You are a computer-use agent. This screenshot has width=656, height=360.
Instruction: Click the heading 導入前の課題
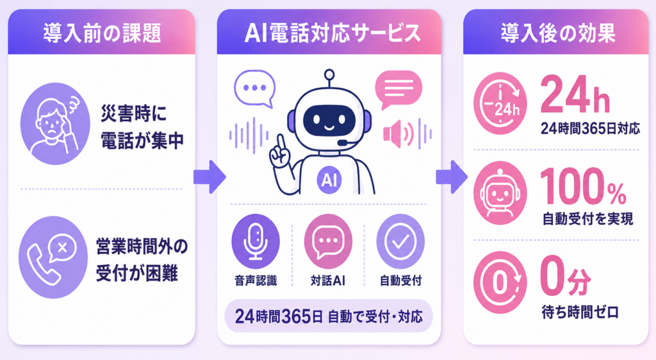tap(102, 33)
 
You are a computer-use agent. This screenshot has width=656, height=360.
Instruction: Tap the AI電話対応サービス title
tap(332, 33)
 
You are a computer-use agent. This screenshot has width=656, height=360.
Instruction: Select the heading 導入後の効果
tap(558, 33)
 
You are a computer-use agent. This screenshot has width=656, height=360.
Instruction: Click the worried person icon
tap(55, 124)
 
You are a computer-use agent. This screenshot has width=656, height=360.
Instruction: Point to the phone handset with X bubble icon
tap(53, 257)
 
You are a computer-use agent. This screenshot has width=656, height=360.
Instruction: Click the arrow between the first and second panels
tap(209, 177)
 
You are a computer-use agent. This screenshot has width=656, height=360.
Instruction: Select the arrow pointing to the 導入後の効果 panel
tap(452, 177)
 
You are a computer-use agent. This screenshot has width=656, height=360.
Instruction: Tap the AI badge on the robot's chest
tap(329, 180)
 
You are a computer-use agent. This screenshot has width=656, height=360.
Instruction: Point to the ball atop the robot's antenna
tap(330, 75)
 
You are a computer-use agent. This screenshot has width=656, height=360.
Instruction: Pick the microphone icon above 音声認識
tap(256, 241)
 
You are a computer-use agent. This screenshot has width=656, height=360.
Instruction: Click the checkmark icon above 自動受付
tap(400, 241)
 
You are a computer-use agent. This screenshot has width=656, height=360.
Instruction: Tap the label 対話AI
tap(328, 280)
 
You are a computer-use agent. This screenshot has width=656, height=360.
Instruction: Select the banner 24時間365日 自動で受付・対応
tap(329, 316)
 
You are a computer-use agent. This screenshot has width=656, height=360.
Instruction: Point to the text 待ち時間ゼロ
tap(580, 312)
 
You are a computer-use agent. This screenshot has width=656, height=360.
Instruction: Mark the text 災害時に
tap(133, 114)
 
